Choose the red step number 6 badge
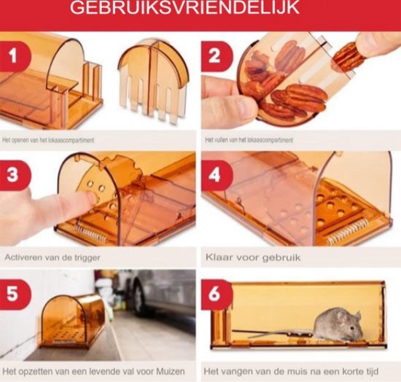(x=217, y=295)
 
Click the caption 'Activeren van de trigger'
(x=52, y=257)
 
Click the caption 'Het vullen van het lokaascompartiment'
(x=250, y=139)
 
